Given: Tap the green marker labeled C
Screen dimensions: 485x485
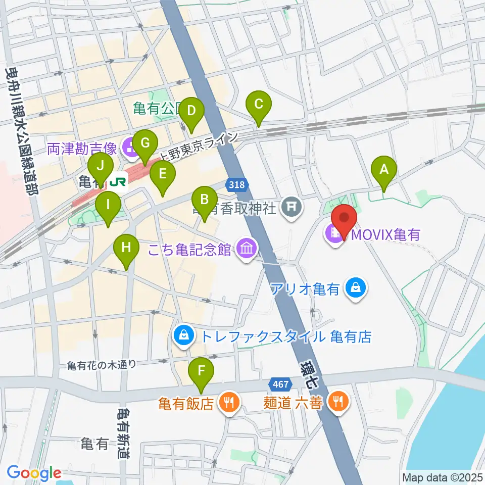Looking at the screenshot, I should tap(258, 105).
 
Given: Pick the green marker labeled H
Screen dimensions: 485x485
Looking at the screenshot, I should tap(126, 248).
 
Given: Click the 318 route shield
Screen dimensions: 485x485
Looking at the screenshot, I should tap(237, 185).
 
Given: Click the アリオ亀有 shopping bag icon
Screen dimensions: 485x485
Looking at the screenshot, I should tap(357, 289).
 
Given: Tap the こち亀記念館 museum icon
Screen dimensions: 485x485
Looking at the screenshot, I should tap(247, 249).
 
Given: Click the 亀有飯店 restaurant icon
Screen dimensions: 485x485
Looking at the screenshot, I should tap(229, 403).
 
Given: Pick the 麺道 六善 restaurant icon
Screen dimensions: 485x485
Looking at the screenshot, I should tap(337, 402).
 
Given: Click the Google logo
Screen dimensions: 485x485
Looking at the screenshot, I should tap(34, 473).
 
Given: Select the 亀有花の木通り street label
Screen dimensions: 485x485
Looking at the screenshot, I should tap(102, 364).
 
